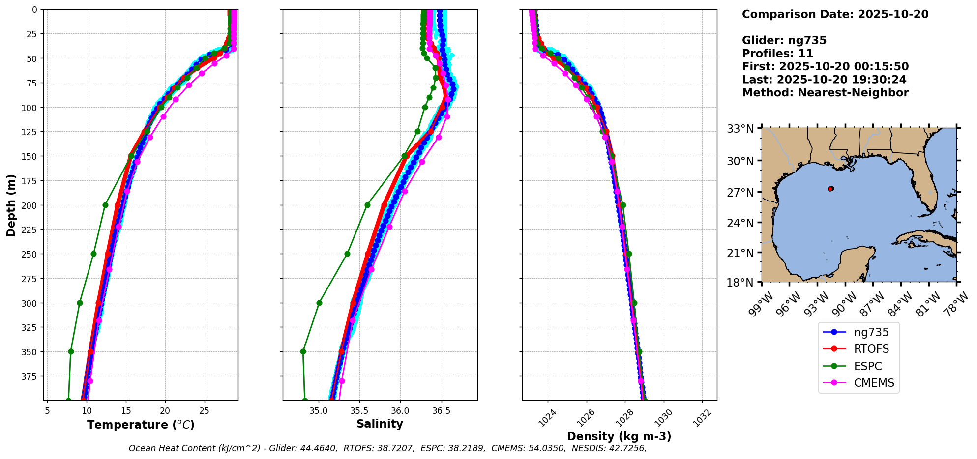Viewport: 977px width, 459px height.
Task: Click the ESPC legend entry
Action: click(867, 366)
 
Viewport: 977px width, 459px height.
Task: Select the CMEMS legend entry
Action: click(874, 383)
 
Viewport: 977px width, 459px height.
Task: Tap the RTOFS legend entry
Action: click(871, 349)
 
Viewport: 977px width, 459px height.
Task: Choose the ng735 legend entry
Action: click(871, 332)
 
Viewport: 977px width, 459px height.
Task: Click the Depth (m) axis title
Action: click(11, 205)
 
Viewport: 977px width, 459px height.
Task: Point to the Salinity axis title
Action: click(380, 424)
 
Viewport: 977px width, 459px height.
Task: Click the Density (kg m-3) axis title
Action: click(619, 436)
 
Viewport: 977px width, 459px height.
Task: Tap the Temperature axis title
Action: click(141, 425)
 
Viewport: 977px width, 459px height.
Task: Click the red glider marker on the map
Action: click(830, 189)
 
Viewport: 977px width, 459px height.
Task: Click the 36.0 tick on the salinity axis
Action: click(400, 410)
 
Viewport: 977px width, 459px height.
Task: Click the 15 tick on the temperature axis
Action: click(126, 410)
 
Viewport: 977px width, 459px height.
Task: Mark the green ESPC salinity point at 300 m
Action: click(319, 303)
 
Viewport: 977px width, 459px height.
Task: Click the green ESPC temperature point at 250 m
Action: click(93, 254)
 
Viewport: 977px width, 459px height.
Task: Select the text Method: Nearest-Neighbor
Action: click(825, 92)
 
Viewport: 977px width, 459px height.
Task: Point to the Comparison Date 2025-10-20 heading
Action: click(835, 14)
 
